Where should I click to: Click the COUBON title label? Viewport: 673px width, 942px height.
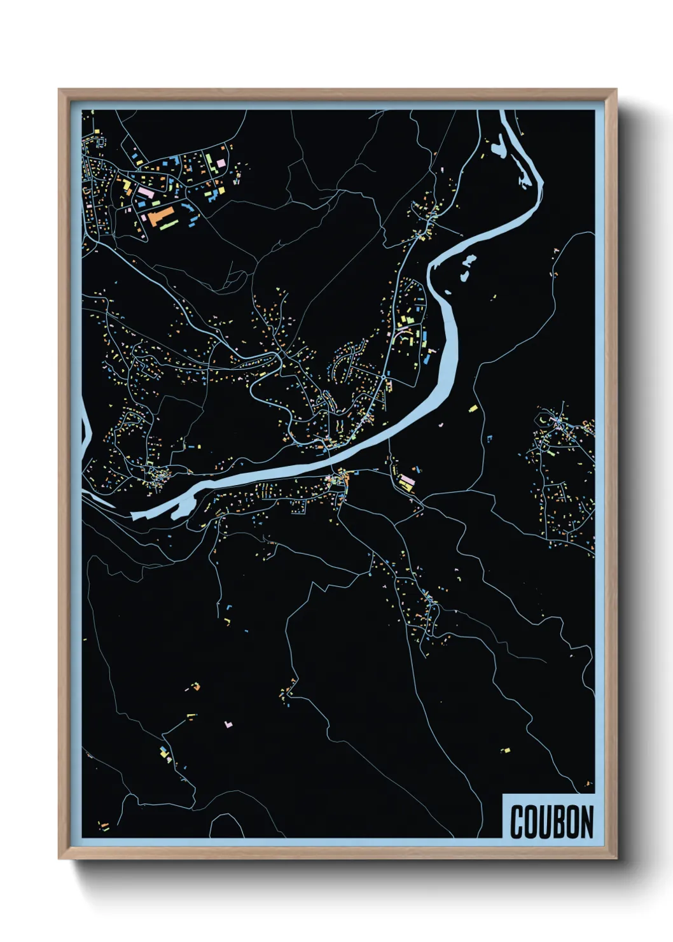coord(551,821)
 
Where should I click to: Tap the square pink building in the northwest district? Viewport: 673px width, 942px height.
coord(221,163)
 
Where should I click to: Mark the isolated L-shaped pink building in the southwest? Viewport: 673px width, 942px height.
coord(229,724)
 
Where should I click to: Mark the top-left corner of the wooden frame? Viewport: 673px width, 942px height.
coord(59,90)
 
